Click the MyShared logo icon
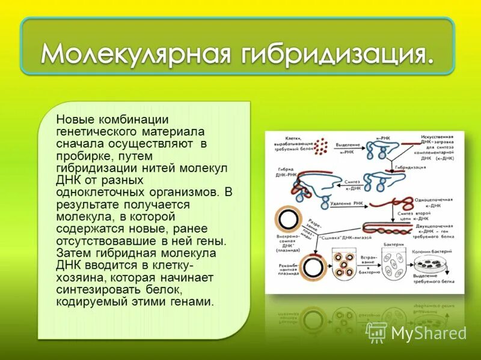point(376,332)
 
